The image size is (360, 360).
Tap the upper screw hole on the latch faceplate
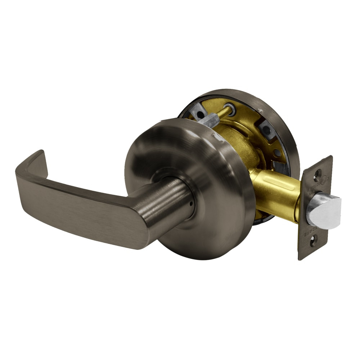[317, 175]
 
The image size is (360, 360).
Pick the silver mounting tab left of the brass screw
[198, 113]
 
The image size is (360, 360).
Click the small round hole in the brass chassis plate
[277, 153]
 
